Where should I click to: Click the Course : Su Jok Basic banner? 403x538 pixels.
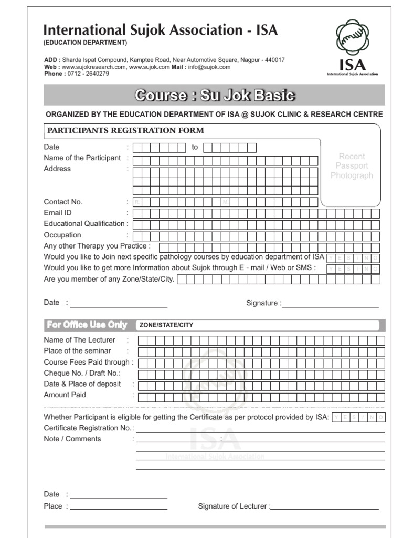215,96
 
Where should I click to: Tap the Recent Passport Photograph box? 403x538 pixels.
352,166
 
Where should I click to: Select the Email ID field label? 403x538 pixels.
58,213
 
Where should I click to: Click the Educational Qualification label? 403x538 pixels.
84,224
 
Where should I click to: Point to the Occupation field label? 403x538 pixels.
62,235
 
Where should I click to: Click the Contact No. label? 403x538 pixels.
63,202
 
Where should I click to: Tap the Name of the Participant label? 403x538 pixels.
82,158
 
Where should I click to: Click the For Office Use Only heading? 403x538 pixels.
87,325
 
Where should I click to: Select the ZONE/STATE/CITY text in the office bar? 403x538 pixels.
166,325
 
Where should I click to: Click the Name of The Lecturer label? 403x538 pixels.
79,340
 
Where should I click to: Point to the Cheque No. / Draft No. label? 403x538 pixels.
82,373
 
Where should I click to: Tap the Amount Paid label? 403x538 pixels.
65,395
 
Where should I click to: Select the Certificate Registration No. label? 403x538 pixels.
89,428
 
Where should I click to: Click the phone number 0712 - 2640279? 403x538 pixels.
89,74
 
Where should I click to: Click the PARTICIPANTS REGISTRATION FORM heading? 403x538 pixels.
126,131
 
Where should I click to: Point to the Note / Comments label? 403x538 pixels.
72,439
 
